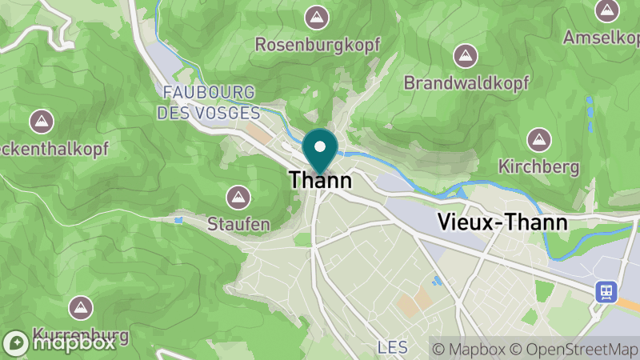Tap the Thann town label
pos(320,181)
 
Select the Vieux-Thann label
pos(503,223)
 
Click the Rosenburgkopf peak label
pos(318,44)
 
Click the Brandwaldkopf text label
pos(463,82)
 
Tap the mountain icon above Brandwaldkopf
pos(463,55)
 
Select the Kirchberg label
pos(538,166)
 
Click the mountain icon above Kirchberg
pos(538,139)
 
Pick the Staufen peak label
pos(238,223)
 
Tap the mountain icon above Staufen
pos(238,196)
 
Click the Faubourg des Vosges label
pos(208,102)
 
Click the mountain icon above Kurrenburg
pos(79,306)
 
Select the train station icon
pos(606,291)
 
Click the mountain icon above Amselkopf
pos(607,10)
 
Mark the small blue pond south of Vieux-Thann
pos(437,280)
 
